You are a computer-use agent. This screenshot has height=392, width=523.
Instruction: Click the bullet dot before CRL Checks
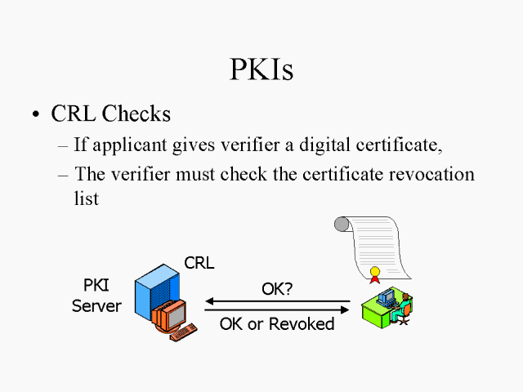click(x=35, y=116)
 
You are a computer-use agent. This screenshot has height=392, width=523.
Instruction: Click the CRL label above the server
click(x=199, y=263)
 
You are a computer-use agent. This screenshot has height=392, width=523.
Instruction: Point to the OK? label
click(x=277, y=288)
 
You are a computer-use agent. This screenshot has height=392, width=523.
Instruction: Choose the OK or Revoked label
click(x=277, y=324)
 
